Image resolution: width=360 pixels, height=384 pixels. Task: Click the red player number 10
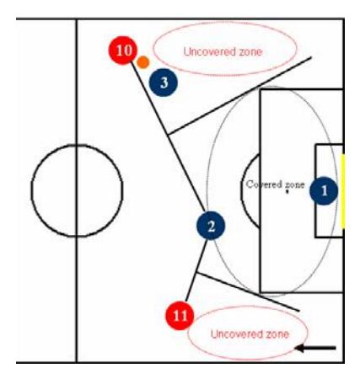[x=123, y=51]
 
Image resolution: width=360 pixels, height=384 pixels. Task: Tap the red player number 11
[x=180, y=316]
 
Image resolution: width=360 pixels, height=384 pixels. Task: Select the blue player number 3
[x=164, y=83]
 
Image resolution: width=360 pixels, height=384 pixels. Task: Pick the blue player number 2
[x=211, y=226]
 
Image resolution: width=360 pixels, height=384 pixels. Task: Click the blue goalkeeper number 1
[x=324, y=191]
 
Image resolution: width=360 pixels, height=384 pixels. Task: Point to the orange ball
[x=143, y=62]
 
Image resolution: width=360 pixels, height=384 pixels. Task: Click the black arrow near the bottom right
[x=315, y=349]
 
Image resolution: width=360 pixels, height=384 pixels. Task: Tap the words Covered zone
[x=276, y=184]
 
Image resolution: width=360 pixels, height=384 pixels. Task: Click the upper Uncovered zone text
[x=223, y=51]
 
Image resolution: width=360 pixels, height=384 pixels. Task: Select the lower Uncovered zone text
[x=250, y=334]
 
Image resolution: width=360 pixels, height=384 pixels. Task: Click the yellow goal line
[x=343, y=191]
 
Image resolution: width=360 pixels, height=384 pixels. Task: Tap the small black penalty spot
[x=287, y=192]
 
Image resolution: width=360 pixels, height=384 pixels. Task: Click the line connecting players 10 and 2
[x=168, y=136]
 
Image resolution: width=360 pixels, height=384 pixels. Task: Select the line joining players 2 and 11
[x=196, y=270]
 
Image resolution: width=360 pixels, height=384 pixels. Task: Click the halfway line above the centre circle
[x=76, y=82]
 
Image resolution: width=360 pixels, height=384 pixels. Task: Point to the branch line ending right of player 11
[x=248, y=291]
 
